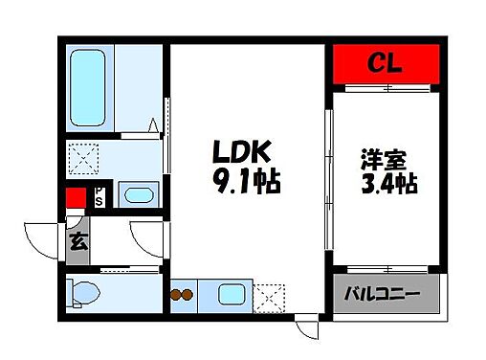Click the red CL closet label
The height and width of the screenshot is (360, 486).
pyautogui.click(x=387, y=66)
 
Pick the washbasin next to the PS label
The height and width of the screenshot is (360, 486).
pyautogui.click(x=140, y=196)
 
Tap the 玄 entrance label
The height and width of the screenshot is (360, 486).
pyautogui.click(x=78, y=240)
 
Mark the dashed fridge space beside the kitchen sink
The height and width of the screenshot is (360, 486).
pyautogui.click(x=271, y=297)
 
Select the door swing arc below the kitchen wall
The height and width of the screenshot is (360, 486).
pyautogui.click(x=308, y=329)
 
